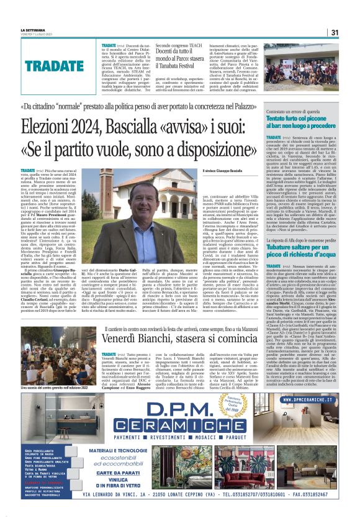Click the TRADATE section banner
coord(55,65)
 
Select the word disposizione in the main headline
coord(212,150)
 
